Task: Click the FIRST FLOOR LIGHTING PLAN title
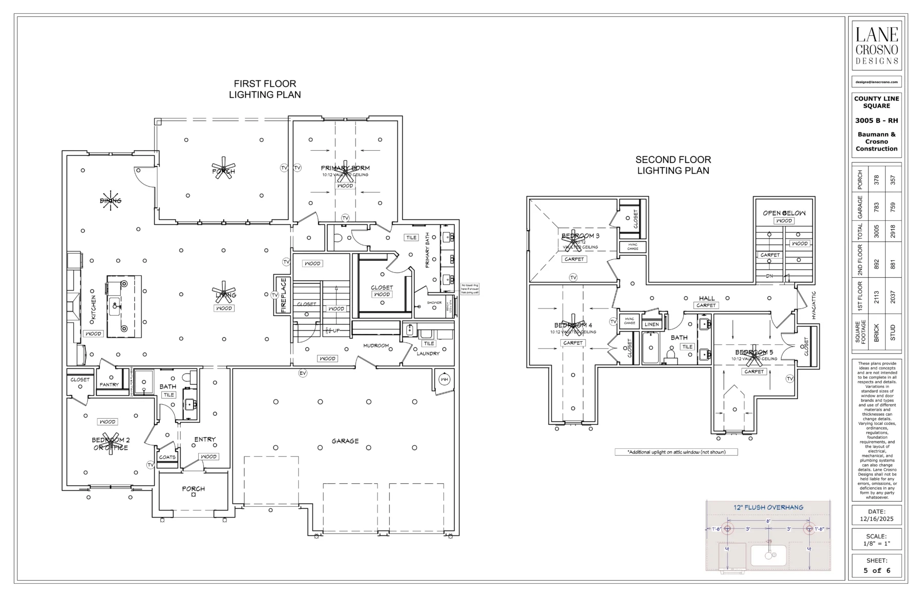265,89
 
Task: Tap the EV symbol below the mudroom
303,373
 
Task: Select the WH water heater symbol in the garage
444,380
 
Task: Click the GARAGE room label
345,441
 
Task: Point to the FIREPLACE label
282,295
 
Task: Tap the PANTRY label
109,384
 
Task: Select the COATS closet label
167,457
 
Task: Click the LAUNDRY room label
428,354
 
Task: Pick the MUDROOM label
376,346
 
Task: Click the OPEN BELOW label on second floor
784,213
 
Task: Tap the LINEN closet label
652,324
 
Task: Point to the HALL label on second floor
706,298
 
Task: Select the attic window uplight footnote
676,452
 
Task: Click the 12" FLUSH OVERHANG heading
768,507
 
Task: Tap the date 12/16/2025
876,519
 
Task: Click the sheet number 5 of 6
876,570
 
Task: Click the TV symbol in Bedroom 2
150,465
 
